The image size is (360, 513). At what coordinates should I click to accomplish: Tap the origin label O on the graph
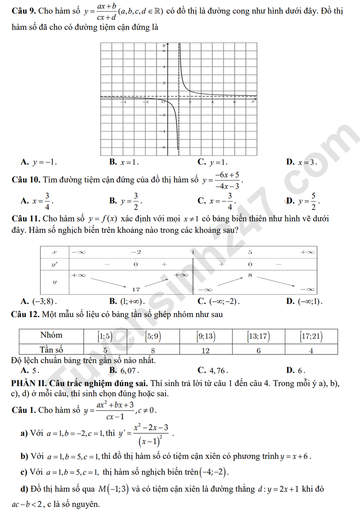(163, 102)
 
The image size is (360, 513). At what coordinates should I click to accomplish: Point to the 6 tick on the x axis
(234, 102)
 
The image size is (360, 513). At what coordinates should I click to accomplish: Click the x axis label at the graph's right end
(253, 102)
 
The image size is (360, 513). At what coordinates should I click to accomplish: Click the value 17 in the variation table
(136, 289)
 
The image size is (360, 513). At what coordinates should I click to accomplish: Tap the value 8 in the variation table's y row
(250, 275)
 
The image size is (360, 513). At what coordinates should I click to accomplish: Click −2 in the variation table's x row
(136, 252)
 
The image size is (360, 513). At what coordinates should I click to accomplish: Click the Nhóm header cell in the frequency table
(51, 336)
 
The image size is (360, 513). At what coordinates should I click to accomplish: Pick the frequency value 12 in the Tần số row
(206, 350)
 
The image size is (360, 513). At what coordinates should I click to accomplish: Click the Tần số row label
(51, 350)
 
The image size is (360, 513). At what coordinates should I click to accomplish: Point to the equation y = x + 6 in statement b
(295, 456)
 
